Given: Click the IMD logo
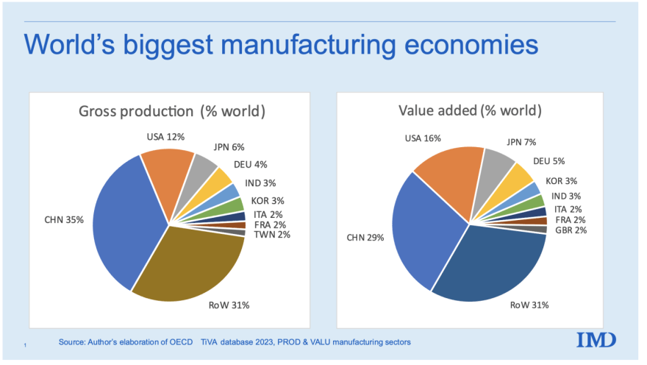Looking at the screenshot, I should click(x=596, y=339).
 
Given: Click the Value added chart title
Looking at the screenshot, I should click(x=470, y=111).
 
